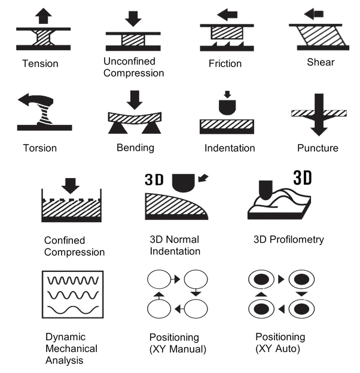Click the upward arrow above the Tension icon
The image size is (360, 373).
point(43,16)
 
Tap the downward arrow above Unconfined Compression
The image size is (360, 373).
point(133,19)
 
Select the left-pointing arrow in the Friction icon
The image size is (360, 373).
point(227,15)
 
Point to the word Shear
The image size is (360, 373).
point(321,62)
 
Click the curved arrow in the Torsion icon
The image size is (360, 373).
point(36,99)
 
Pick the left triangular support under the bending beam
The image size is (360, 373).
point(117,129)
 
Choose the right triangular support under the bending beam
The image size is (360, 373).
point(151,129)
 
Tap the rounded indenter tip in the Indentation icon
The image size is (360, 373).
point(227,107)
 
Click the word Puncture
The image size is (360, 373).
point(318,148)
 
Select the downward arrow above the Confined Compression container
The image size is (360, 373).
point(70,186)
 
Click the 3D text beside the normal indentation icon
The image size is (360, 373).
point(154,179)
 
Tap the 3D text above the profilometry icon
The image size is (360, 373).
point(302,178)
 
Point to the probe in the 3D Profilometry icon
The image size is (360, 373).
point(266,190)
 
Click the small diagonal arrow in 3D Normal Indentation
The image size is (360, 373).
point(203,178)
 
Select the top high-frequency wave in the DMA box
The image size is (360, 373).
point(73,280)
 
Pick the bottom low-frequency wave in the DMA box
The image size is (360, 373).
point(73,310)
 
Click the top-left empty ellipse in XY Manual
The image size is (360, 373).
point(159,279)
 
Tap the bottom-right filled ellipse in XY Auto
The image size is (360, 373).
point(301,309)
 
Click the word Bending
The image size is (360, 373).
point(135,148)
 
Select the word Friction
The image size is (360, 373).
point(225,63)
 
